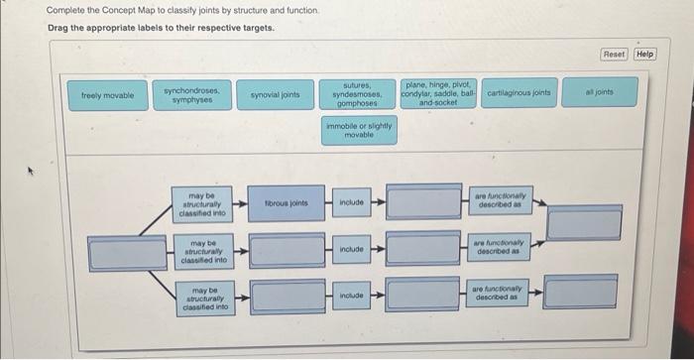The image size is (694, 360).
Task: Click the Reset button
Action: [x=614, y=54]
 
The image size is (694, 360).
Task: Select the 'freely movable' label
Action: [x=107, y=95]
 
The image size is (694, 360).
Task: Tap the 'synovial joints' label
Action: [x=275, y=95]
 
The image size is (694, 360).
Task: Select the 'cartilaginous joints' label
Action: [x=519, y=92]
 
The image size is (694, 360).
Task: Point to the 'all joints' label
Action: [x=600, y=92]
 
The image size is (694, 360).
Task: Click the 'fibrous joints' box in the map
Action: [x=286, y=203]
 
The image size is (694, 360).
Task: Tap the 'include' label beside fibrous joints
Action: [x=353, y=203]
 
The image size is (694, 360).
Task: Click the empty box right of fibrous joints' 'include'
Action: [x=423, y=203]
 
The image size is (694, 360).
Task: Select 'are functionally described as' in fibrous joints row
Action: [x=500, y=203]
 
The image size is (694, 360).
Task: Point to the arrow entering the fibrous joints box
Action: [x=241, y=203]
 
